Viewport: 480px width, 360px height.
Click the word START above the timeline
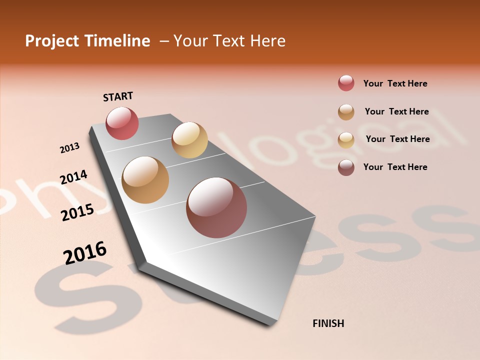point(118,96)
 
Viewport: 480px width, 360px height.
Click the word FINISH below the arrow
point(328,323)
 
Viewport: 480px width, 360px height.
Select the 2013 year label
point(69,147)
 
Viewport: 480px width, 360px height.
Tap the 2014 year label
point(73,177)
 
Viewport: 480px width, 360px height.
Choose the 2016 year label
point(85,252)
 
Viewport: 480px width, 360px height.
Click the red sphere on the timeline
point(122,123)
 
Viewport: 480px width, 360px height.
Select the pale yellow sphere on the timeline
point(189,140)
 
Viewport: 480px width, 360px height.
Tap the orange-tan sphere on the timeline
point(145,180)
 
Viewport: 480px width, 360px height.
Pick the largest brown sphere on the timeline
point(216,207)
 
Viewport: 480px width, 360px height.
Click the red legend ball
point(346,83)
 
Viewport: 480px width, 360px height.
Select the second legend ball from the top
point(346,112)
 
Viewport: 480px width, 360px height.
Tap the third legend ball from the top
point(346,140)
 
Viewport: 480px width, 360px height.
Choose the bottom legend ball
point(346,167)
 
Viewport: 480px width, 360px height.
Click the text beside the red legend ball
point(395,83)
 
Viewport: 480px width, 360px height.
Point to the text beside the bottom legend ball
point(395,167)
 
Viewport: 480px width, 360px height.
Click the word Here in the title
point(267,41)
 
